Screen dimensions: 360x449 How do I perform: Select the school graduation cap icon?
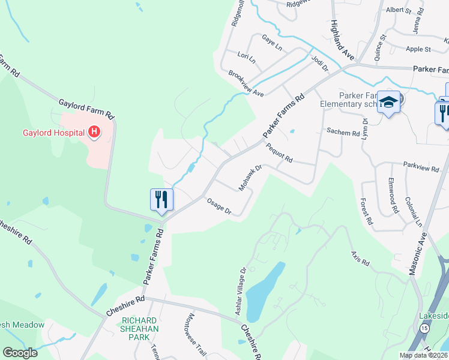[x=388, y=103]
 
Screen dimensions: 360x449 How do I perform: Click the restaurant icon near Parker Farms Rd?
[x=161, y=199]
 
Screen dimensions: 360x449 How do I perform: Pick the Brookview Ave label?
[x=246, y=83]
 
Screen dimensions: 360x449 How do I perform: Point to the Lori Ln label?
[x=246, y=58]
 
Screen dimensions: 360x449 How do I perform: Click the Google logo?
[x=20, y=353]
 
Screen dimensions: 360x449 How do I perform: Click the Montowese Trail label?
[x=197, y=335]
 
